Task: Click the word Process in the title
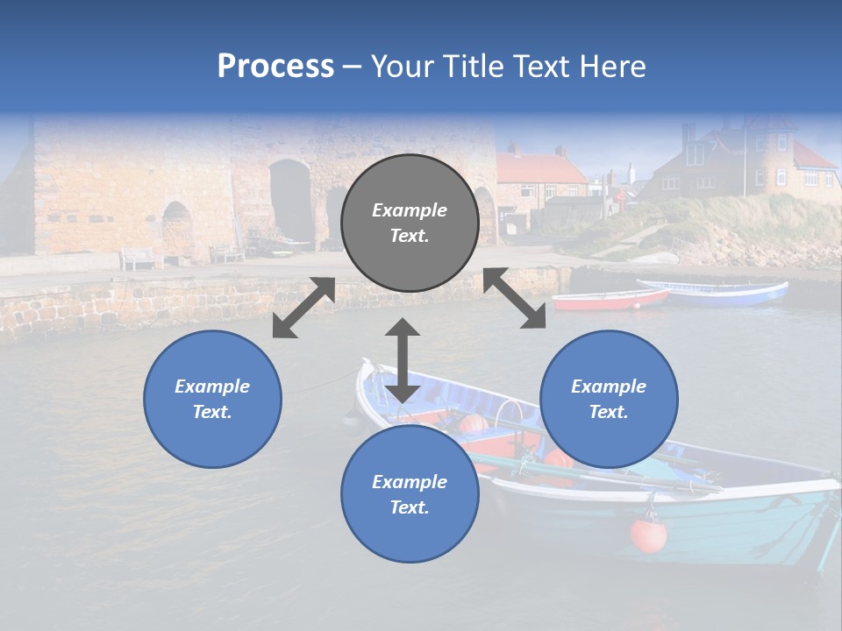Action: click(275, 67)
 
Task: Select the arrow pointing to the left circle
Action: click(303, 308)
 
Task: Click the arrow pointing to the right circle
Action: click(515, 299)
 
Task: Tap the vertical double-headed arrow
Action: click(403, 360)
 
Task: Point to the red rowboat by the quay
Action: click(610, 300)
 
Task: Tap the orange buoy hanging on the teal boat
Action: click(648, 535)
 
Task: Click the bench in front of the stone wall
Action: click(138, 258)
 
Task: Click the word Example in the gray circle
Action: click(410, 210)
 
